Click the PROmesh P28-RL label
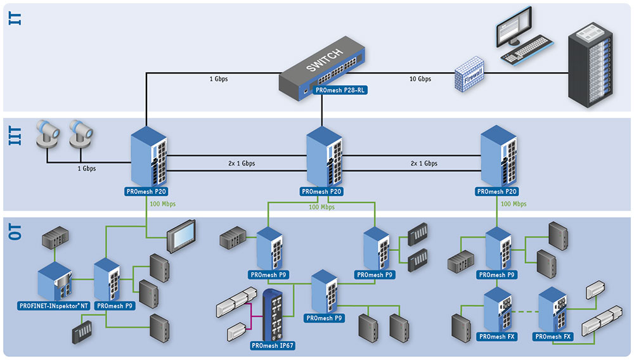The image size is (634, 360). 340,91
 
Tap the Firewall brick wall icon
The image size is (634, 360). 469,74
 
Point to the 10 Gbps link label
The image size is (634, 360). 420,79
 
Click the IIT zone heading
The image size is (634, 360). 15,136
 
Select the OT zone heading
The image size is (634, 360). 15,232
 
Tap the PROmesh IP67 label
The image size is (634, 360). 273,345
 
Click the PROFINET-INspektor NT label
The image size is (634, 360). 54,306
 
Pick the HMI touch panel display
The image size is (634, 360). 181,236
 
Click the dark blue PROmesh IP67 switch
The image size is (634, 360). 273,314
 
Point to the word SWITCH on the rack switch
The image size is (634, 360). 325,61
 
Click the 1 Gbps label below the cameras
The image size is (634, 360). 86,169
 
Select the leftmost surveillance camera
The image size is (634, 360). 48,133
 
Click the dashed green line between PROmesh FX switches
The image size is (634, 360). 525,312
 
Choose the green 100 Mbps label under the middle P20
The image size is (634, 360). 322,207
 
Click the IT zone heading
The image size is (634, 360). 15,18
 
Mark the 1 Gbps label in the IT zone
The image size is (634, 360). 218,79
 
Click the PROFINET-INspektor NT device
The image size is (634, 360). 55,281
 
